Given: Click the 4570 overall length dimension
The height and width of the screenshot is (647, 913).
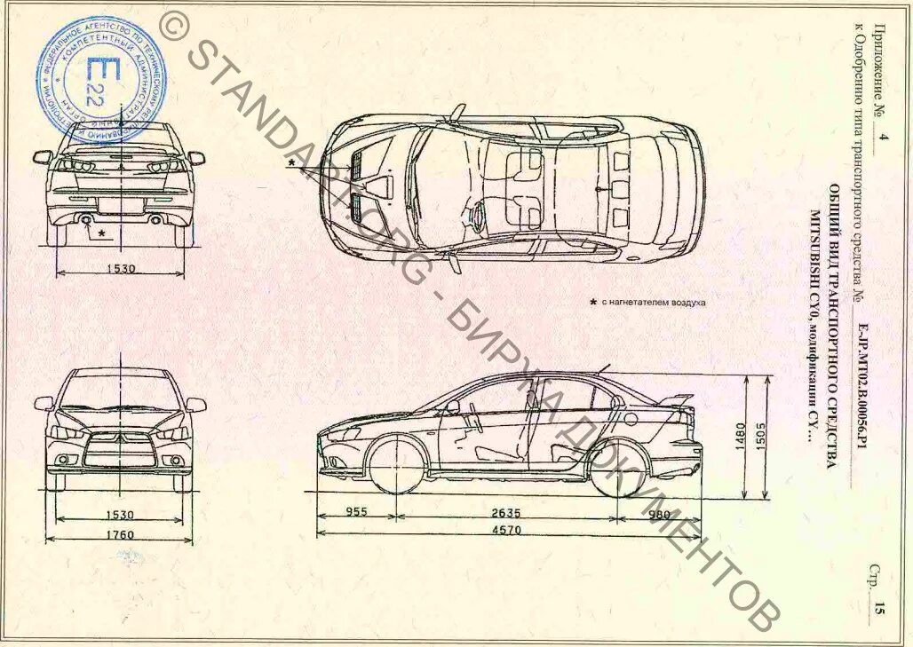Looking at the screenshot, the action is point(508,530).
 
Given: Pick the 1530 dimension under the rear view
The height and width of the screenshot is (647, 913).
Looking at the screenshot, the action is point(121,269).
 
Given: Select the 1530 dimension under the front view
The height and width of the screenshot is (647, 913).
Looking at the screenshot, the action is point(121,514).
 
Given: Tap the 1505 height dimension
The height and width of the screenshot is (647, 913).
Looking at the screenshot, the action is point(762,437).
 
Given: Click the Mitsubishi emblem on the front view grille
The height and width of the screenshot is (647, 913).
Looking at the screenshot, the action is point(121,438).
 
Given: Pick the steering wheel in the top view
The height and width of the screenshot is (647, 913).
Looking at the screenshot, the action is point(477,214).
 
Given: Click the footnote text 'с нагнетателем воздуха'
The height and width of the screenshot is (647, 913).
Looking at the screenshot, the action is point(653,303).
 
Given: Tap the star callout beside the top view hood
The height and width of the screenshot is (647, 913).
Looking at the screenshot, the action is point(290,163).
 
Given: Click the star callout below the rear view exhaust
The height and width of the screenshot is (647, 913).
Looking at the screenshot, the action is point(101,233).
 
